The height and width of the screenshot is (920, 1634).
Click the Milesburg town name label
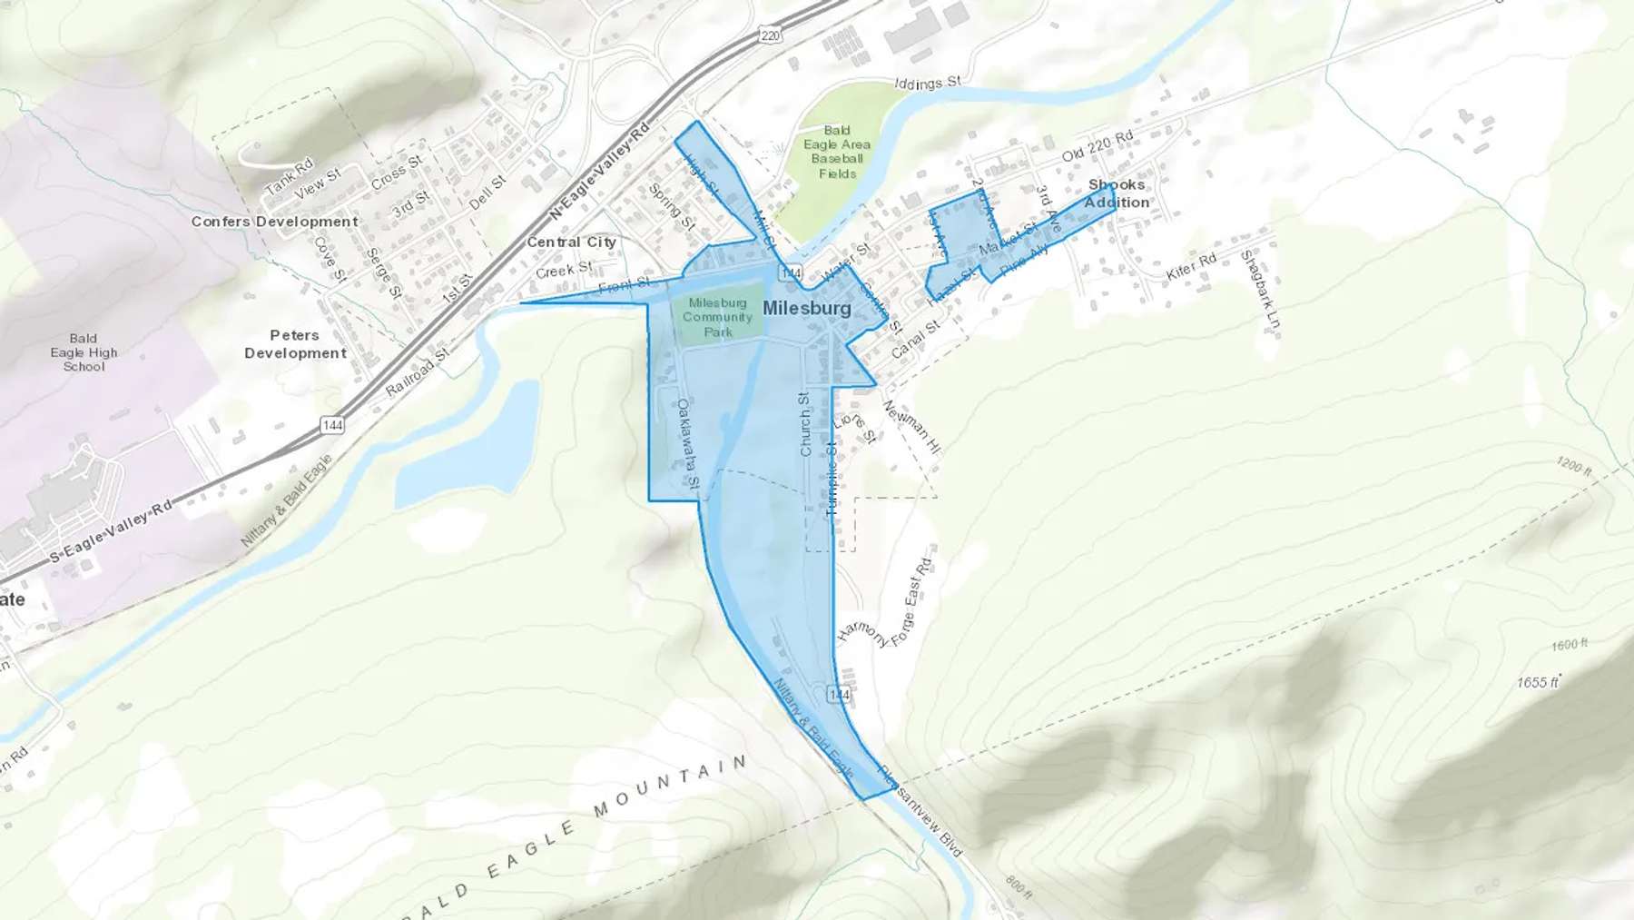click(x=806, y=309)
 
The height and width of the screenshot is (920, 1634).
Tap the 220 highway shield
click(x=770, y=35)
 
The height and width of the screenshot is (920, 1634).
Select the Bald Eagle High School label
click(x=84, y=352)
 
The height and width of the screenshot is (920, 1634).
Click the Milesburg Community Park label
click(x=717, y=317)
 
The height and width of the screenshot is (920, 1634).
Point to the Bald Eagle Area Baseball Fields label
click(x=837, y=152)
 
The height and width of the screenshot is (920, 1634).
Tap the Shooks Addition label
click(x=1117, y=193)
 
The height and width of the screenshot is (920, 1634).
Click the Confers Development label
click(x=274, y=222)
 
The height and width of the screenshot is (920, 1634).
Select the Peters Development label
click(x=295, y=344)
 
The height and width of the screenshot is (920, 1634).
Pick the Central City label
click(x=571, y=242)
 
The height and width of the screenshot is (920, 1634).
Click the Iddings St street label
click(x=927, y=84)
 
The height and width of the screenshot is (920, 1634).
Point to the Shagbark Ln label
click(x=1262, y=289)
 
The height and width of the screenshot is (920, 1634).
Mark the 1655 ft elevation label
click(x=1538, y=682)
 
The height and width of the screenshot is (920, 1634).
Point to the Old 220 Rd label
click(x=1098, y=146)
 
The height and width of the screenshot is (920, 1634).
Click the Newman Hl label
click(x=911, y=427)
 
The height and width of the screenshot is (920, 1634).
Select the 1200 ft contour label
click(x=1573, y=467)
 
